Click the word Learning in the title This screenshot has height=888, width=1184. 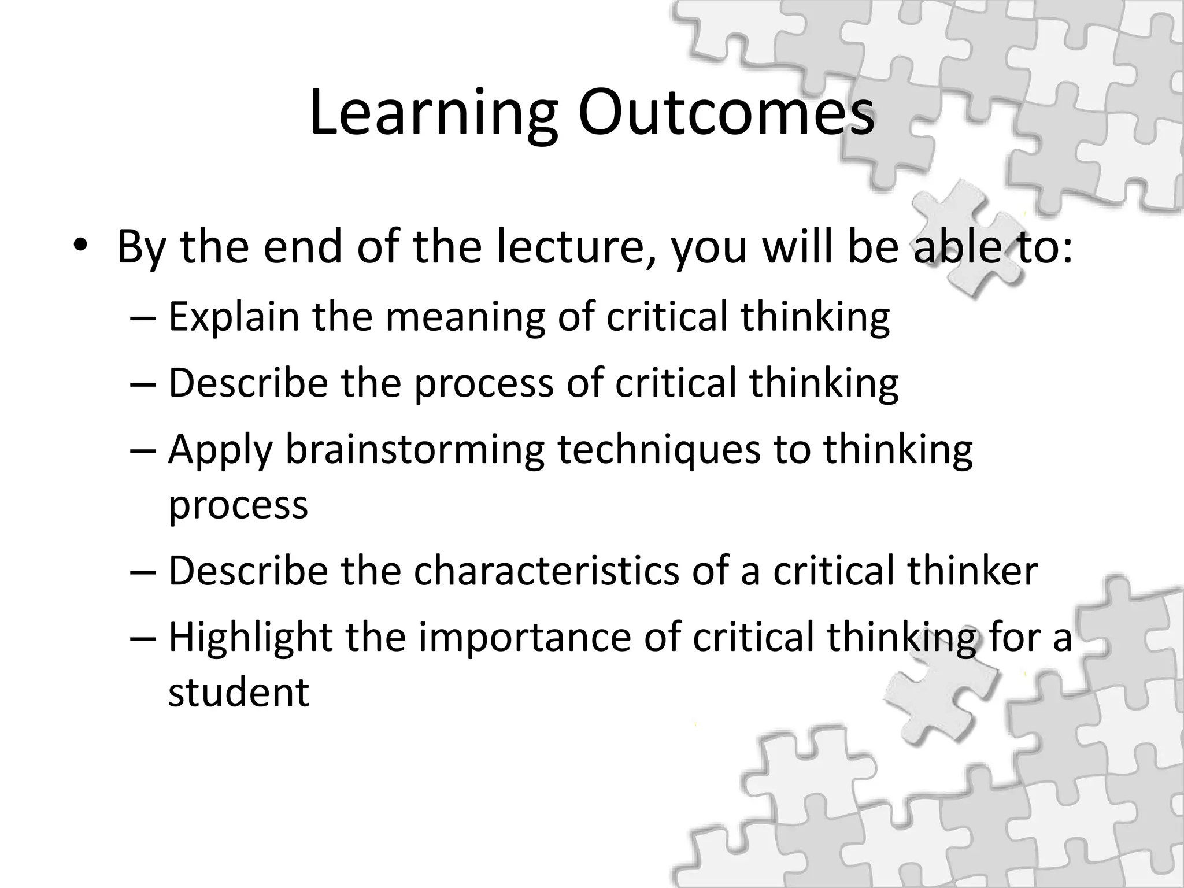(x=434, y=113)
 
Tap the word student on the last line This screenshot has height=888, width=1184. (x=239, y=692)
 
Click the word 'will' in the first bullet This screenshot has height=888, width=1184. (x=798, y=247)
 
